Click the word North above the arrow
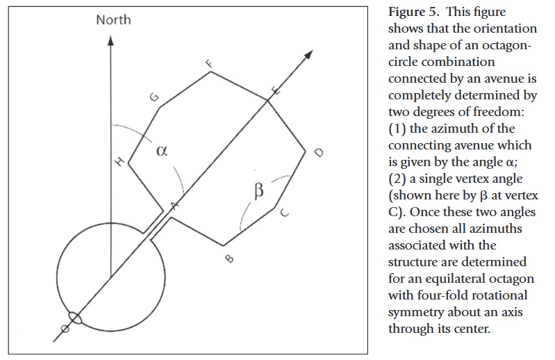point(113,20)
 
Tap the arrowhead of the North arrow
point(110,41)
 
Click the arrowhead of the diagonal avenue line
point(308,54)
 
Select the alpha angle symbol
point(162,151)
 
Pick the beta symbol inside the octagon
point(259,191)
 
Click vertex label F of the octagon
point(210,64)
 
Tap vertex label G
point(154,97)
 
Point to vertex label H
point(120,162)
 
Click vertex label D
point(319,153)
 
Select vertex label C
point(284,213)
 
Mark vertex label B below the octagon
point(229,259)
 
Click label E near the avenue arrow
point(276,91)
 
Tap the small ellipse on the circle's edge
point(75,318)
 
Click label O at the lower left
point(65,329)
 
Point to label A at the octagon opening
point(174,205)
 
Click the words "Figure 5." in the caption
point(413,12)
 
